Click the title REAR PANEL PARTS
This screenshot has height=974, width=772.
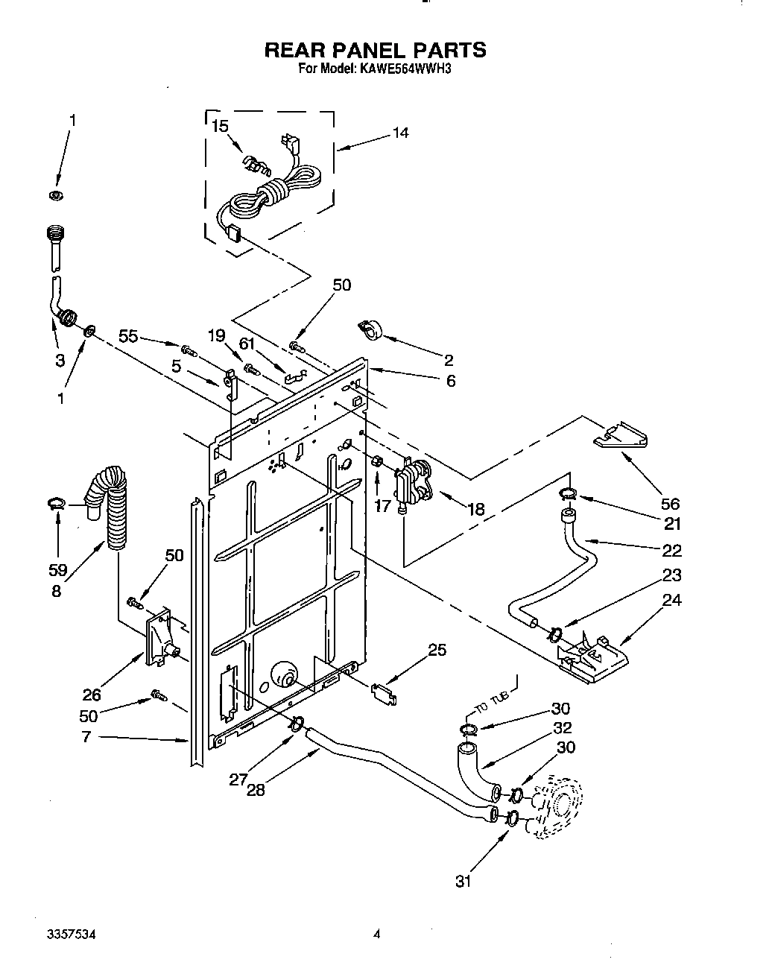pos(376,50)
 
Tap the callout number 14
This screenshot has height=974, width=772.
pos(399,133)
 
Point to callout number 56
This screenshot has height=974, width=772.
pos(670,504)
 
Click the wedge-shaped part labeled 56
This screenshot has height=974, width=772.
pos(621,437)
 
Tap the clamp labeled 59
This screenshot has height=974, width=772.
pos(56,505)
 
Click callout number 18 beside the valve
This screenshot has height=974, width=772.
pos(475,509)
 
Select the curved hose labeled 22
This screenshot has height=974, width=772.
pos(566,566)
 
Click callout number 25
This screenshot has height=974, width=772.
pos(437,650)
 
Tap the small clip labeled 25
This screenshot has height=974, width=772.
pos(385,692)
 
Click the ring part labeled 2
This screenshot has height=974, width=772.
pos(370,330)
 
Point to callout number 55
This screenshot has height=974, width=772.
pos(128,336)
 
